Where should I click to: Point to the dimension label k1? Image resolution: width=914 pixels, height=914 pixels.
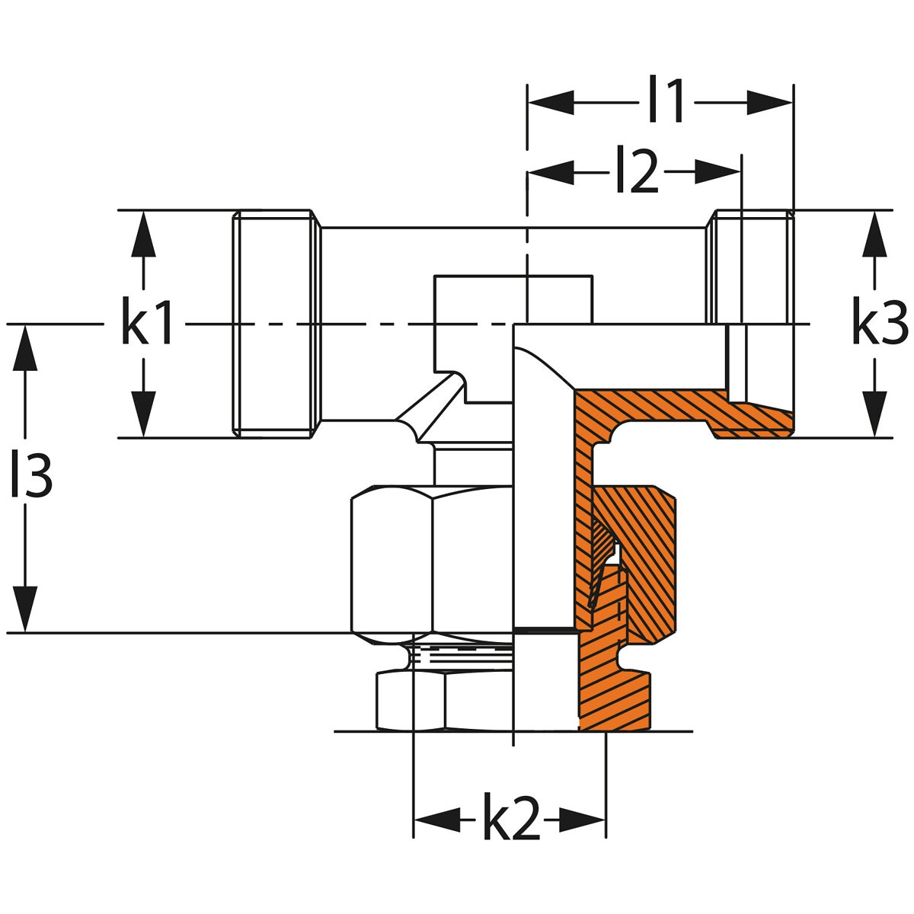pyautogui.click(x=148, y=324)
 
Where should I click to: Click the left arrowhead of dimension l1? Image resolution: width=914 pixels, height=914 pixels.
pyautogui.click(x=550, y=102)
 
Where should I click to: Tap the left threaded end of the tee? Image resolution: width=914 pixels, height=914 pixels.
pyautogui.click(x=274, y=324)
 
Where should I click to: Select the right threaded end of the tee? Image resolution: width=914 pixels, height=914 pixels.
pyautogui.click(x=750, y=267)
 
